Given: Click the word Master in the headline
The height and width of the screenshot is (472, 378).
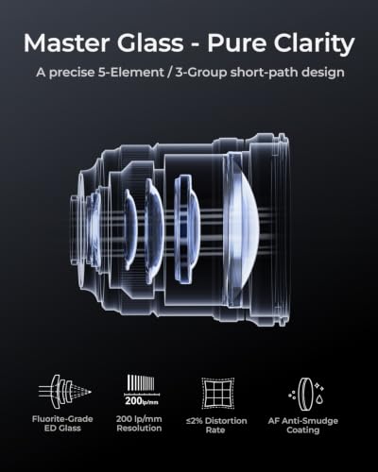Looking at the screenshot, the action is point(67,42).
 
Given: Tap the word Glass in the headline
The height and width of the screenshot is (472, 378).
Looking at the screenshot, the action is point(150,42).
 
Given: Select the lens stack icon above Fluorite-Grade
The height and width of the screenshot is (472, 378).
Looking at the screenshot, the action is point(64,392).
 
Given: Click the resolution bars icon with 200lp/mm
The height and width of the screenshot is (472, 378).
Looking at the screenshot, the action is point(142,390).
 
